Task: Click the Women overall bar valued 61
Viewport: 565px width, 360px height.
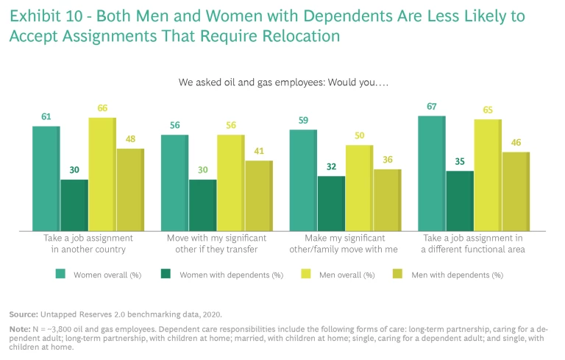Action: (46, 178)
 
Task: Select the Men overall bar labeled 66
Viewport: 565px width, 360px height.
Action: (102, 174)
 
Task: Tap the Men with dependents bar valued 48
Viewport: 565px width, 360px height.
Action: (130, 190)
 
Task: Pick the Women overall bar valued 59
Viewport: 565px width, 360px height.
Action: (303, 180)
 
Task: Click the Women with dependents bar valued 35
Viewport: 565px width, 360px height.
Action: (460, 201)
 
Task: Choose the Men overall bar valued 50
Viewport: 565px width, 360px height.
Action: (360, 188)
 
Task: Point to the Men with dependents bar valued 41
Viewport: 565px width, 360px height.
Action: (258, 196)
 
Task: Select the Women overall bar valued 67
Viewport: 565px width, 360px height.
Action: (432, 173)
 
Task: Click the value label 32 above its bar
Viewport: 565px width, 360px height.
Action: (331, 166)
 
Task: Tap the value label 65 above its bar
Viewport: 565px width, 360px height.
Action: (488, 110)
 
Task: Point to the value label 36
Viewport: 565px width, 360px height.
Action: (388, 160)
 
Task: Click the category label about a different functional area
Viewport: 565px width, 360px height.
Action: (473, 244)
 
